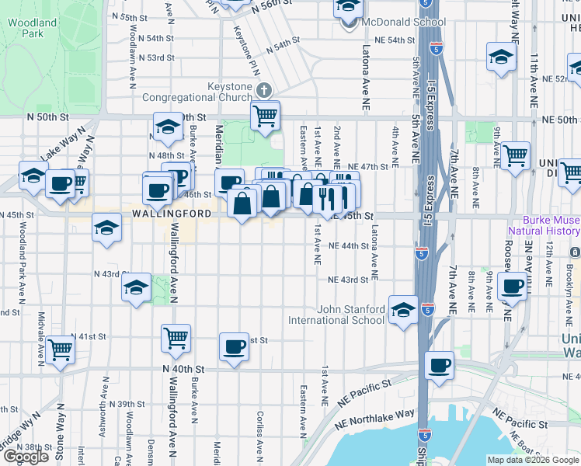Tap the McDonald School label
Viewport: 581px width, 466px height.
pyautogui.click(x=391, y=23)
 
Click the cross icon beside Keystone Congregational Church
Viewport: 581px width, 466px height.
pyautogui.click(x=264, y=92)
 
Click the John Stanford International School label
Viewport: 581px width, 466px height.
pyautogui.click(x=336, y=314)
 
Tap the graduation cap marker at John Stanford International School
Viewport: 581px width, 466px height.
pyautogui.click(x=403, y=311)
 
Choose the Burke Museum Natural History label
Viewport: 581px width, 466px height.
pyautogui.click(x=544, y=225)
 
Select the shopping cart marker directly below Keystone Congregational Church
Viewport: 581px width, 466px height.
pyautogui.click(x=265, y=116)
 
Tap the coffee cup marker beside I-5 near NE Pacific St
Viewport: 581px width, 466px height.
pyautogui.click(x=440, y=364)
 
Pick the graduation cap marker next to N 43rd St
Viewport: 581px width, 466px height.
pyautogui.click(x=136, y=287)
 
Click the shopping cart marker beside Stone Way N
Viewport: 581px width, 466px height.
pyautogui.click(x=60, y=349)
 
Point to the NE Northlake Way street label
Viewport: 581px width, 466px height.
pyautogui.click(x=374, y=419)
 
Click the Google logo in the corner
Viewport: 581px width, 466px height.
pyautogui.click(x=26, y=457)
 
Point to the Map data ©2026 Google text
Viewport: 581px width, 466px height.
pyautogui.click(x=533, y=460)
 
